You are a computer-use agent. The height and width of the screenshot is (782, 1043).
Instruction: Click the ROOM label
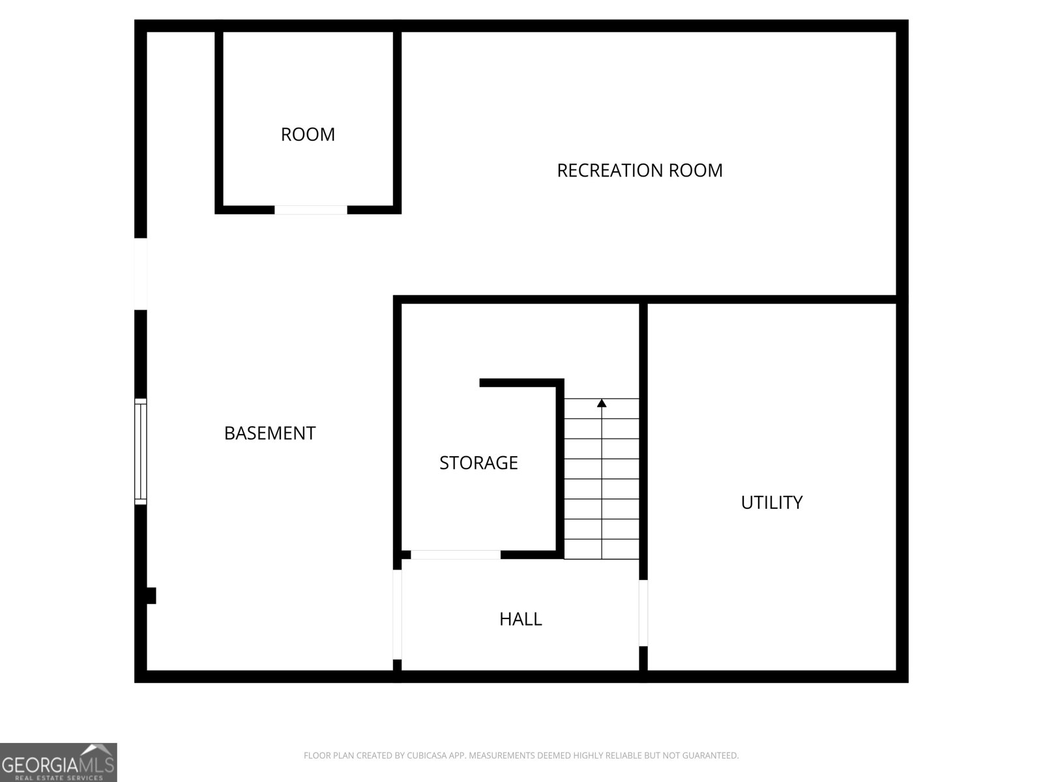tap(308, 134)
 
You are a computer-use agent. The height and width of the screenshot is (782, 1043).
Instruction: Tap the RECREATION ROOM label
tap(639, 171)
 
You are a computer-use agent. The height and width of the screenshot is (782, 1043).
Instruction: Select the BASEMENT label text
tap(270, 433)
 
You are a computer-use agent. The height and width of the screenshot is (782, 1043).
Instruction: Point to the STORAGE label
tap(478, 463)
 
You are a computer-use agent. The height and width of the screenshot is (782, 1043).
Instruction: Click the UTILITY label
tap(772, 502)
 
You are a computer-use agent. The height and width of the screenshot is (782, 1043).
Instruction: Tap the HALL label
tap(521, 619)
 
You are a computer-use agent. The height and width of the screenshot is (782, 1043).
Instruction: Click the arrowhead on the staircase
tap(602, 403)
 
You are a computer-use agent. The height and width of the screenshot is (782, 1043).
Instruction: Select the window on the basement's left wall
tap(141, 452)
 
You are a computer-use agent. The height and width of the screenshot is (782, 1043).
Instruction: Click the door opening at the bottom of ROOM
tap(311, 210)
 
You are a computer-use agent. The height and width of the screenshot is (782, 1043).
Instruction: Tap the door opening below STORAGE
tap(456, 555)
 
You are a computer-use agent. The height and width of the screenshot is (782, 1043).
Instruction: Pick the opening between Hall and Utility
tap(643, 613)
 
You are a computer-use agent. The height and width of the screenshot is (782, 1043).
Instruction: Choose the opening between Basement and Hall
tap(397, 615)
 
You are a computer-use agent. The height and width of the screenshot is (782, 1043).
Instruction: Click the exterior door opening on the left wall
tap(141, 274)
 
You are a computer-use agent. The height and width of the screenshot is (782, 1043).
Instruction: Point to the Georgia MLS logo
tap(59, 762)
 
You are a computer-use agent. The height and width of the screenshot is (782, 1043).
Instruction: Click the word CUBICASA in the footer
tap(427, 755)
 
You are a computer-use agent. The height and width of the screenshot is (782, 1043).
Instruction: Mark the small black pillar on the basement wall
tap(151, 596)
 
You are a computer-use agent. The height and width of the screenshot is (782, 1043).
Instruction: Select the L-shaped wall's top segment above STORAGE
tap(521, 383)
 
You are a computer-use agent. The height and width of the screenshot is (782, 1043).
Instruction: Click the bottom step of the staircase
tap(602, 549)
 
